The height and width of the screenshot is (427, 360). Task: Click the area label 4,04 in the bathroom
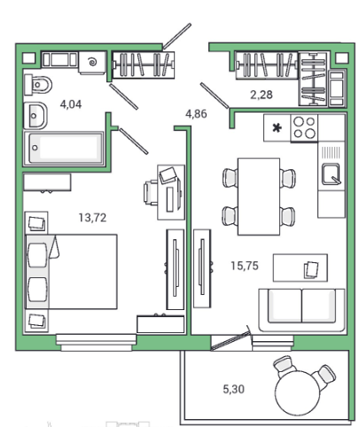(x=71, y=105)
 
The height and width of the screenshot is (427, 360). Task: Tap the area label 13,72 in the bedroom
(x=92, y=218)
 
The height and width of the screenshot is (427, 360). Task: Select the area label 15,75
(x=245, y=266)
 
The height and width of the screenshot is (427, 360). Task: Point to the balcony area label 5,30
(x=234, y=389)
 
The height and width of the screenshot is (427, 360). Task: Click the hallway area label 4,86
(x=196, y=113)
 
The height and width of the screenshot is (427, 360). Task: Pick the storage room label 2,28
(x=262, y=95)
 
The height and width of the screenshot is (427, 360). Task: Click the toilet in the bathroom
(x=38, y=85)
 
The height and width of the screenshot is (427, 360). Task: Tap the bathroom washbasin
(x=35, y=115)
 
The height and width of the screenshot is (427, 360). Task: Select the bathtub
(x=64, y=149)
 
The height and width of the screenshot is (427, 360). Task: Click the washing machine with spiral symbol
(x=92, y=62)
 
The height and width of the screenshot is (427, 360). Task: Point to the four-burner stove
(x=304, y=128)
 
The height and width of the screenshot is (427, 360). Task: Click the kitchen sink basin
(x=331, y=174)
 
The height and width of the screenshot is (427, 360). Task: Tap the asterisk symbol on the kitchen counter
(x=277, y=128)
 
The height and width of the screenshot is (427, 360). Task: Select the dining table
(x=259, y=197)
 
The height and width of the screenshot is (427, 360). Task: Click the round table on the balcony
(x=299, y=393)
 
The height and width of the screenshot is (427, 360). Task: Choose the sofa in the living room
(x=301, y=310)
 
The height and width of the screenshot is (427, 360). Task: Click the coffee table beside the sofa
(x=301, y=268)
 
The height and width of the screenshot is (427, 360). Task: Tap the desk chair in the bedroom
(x=151, y=192)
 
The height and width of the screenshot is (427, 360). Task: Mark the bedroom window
(x=97, y=343)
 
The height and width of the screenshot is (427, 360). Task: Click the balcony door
(x=231, y=340)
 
